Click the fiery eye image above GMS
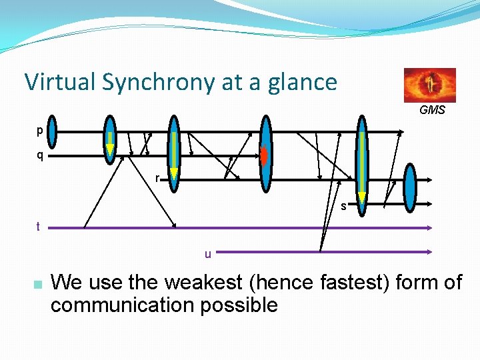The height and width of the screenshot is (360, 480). (430, 85)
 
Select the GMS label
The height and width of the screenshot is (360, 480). (432, 110)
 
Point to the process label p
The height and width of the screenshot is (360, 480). (40, 131)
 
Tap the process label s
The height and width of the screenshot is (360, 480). (343, 206)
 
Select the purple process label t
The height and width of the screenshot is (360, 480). (39, 227)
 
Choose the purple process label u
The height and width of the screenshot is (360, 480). (208, 253)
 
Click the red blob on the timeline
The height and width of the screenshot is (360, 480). (264, 155)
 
